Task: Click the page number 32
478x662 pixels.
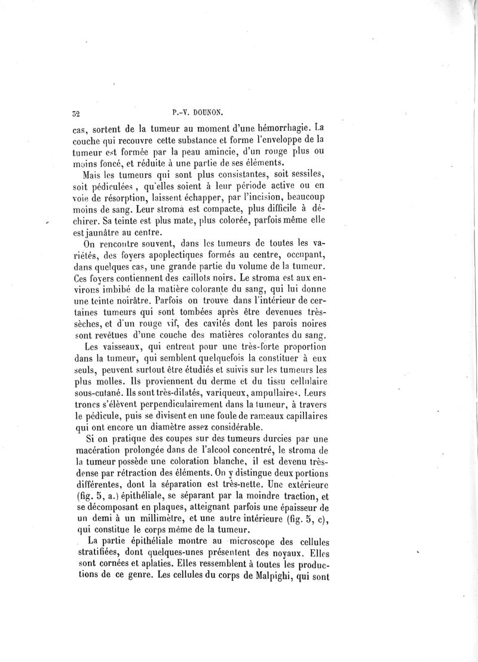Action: (x=76, y=112)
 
